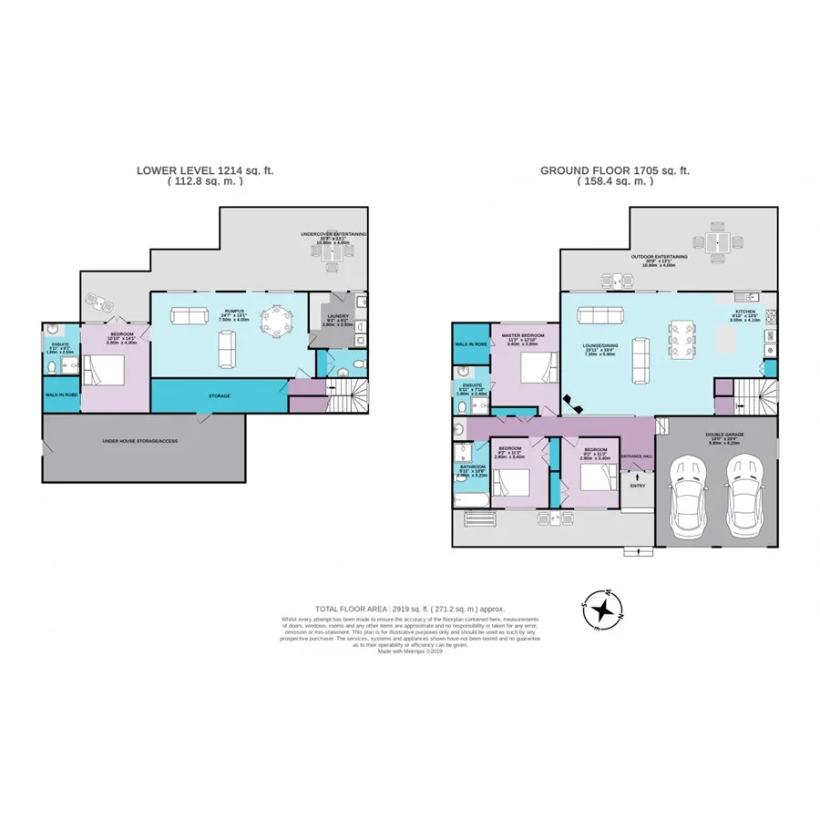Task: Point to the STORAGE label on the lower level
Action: (218, 396)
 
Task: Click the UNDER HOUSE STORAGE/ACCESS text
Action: (140, 440)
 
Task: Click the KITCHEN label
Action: (745, 311)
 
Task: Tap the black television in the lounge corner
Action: (571, 400)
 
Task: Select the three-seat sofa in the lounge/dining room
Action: (597, 314)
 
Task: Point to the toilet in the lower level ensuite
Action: (52, 368)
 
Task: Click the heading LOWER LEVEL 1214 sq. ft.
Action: (205, 169)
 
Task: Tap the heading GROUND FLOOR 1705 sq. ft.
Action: (615, 169)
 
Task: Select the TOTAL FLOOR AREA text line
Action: (409, 608)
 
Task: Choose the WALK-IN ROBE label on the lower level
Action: (60, 395)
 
